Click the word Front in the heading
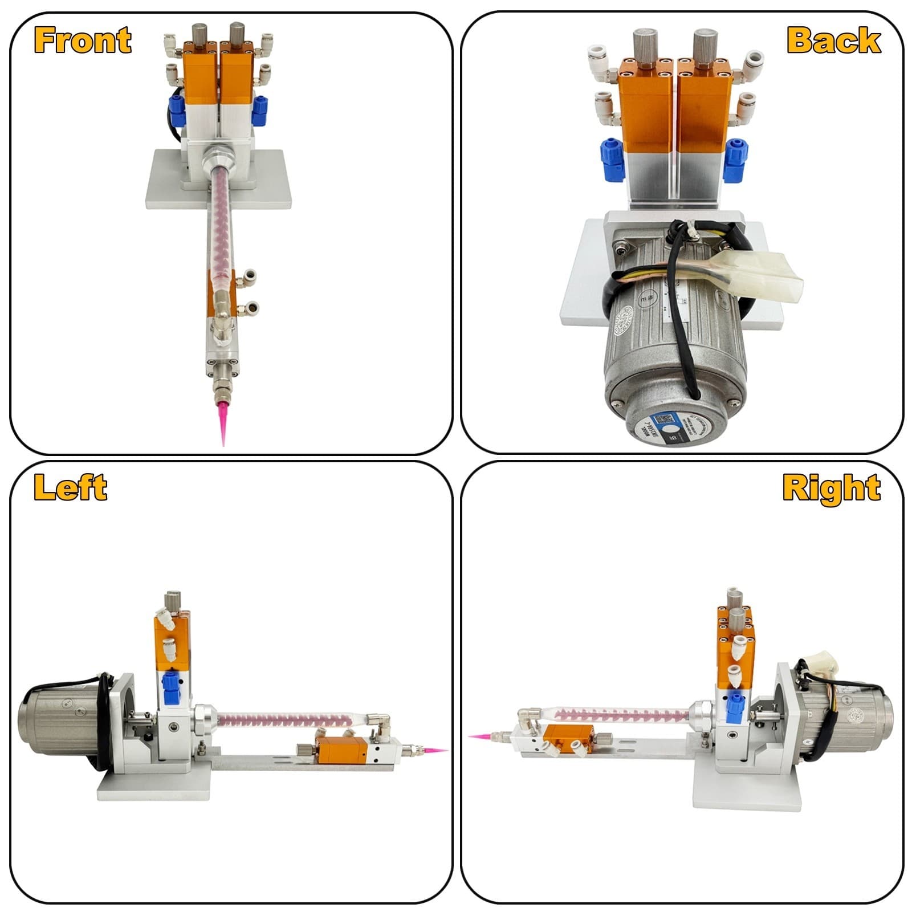pos(83,40)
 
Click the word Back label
pos(833,40)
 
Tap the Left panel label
pos(70,487)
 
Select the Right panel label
pos(831,488)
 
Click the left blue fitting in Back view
pos(611,160)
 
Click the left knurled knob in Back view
pos(644,44)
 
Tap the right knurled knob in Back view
pos(705,44)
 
